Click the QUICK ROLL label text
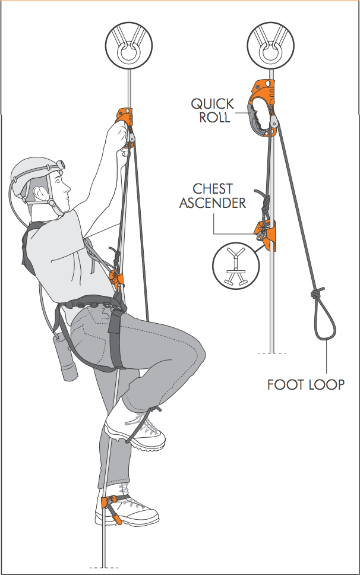tap(212, 110)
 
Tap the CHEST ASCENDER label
tap(212, 196)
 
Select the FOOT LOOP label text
tap(306, 385)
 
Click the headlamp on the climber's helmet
tap(60, 164)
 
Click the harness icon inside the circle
tap(236, 266)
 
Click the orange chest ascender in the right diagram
tap(266, 235)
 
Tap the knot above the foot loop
tap(317, 293)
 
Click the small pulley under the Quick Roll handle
tap(273, 121)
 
